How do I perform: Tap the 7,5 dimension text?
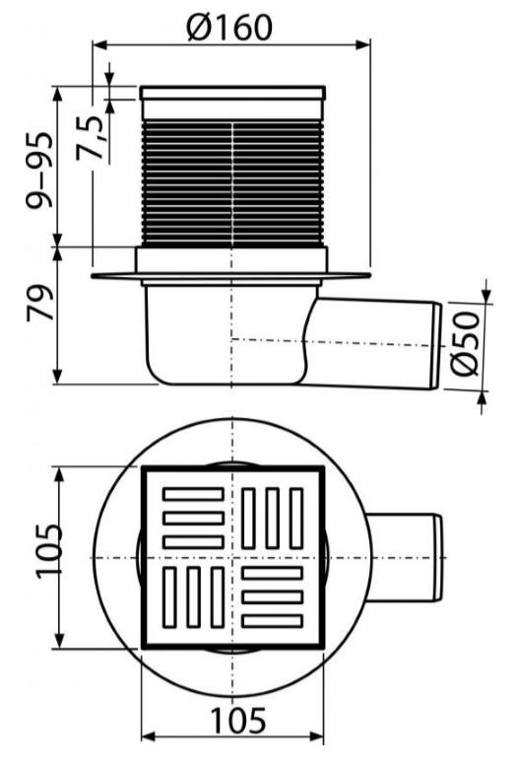91,139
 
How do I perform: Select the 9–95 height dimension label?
38,170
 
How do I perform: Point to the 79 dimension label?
39,303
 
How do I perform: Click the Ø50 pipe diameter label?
464,343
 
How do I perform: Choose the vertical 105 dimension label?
49,551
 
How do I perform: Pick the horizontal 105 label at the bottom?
237,721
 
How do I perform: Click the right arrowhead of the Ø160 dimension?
362,45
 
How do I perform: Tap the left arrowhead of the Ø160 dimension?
99,45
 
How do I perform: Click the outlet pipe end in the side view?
436,346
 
